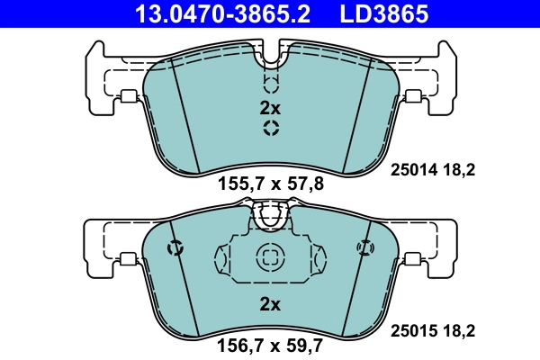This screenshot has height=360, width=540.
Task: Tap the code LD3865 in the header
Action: (x=382, y=14)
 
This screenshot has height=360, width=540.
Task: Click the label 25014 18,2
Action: (x=431, y=168)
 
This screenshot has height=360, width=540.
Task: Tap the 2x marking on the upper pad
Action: (x=270, y=108)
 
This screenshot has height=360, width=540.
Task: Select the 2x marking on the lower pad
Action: (x=270, y=304)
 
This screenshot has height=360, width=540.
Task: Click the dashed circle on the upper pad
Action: (x=270, y=129)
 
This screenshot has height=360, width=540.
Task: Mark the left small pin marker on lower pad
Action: (x=175, y=247)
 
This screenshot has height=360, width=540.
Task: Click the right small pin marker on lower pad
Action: (x=364, y=247)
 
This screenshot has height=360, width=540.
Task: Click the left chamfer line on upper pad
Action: (x=184, y=117)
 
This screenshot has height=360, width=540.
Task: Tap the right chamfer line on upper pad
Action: (x=355, y=117)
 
